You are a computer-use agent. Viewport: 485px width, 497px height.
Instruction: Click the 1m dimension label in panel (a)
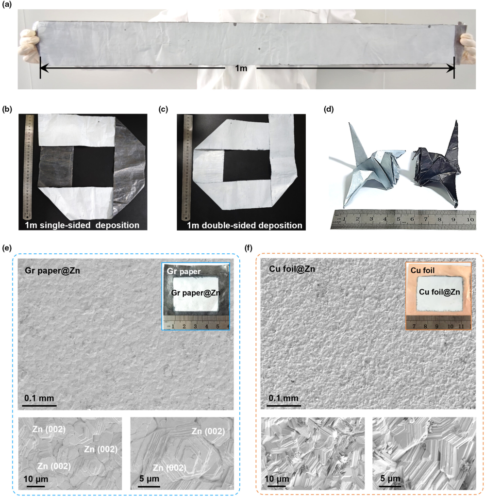241,68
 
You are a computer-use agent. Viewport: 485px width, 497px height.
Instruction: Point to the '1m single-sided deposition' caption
82,225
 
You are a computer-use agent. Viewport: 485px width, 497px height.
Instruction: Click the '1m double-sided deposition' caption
244,225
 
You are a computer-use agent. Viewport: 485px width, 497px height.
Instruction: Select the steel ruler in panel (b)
29,167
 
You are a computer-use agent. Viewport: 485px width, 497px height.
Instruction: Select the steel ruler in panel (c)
187,167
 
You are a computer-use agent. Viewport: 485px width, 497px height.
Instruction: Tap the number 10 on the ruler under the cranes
470,219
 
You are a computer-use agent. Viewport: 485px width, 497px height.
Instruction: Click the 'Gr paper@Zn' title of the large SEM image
52,271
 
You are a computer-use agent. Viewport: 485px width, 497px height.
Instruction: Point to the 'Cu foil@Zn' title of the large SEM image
292,269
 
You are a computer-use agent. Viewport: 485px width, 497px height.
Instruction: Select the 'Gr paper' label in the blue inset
184,271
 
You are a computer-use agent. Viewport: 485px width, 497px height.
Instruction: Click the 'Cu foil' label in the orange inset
422,270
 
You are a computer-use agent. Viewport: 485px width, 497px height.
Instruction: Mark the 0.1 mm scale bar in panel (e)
40,405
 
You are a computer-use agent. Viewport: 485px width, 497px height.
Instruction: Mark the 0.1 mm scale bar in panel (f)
284,405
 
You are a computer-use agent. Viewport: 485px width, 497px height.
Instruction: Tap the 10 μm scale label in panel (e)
36,479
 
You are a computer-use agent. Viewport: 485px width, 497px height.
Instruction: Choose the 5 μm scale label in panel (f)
390,478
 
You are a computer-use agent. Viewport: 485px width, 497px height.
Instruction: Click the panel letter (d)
329,109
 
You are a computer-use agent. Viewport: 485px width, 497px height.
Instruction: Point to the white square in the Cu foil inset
440,294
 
